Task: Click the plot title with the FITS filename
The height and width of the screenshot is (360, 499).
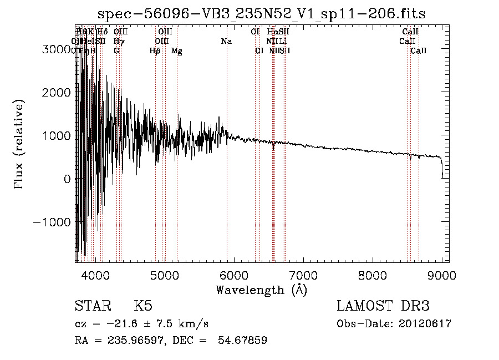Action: coord(261,14)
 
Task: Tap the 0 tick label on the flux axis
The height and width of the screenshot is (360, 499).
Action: coord(66,179)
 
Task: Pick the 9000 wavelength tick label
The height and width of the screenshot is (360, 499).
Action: coord(442,275)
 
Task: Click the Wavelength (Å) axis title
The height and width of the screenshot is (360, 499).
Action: coord(261,290)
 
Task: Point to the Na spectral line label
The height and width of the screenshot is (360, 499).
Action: coord(226,42)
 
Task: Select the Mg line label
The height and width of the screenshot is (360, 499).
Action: coord(177,51)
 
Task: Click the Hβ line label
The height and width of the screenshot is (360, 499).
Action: coord(155,51)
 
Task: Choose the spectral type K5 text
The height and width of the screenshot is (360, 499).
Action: coord(143,306)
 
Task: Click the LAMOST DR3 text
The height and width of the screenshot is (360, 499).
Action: coord(383,306)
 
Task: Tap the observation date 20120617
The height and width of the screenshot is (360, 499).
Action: coord(425,324)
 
